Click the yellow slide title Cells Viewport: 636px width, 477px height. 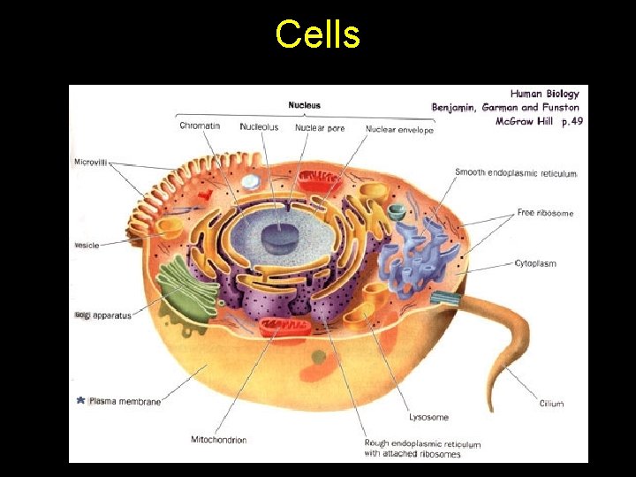(317, 35)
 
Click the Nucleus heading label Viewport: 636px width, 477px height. (305, 105)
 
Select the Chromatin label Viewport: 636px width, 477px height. (200, 126)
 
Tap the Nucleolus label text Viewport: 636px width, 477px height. (259, 127)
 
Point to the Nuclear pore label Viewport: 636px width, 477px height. (320, 127)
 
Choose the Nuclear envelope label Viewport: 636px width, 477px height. (399, 130)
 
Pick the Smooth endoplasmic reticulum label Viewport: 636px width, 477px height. (516, 173)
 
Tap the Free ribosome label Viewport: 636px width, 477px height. (545, 213)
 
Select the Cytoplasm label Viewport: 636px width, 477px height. (535, 263)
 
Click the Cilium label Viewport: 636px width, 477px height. (551, 404)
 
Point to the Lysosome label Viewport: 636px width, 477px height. (428, 417)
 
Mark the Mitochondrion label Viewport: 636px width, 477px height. (218, 439)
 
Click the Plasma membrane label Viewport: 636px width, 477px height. (125, 402)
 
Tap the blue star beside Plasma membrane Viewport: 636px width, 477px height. (80, 401)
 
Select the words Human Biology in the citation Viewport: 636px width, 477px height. (545, 94)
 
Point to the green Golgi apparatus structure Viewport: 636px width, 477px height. (183, 287)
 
